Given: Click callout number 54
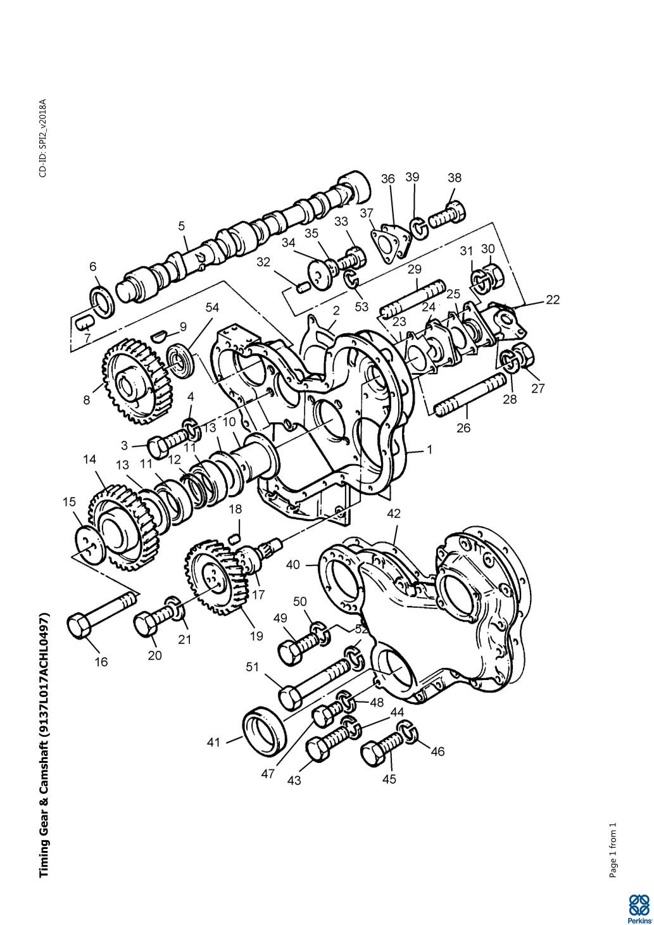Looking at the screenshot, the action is [213, 307].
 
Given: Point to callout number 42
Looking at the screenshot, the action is [394, 513].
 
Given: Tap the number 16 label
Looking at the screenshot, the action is [101, 662].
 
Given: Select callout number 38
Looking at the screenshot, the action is [454, 177].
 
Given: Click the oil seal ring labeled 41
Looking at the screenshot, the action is [264, 729].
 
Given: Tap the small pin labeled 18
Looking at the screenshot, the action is [236, 538].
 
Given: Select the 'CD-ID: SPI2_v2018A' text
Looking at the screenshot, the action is [43, 138].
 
